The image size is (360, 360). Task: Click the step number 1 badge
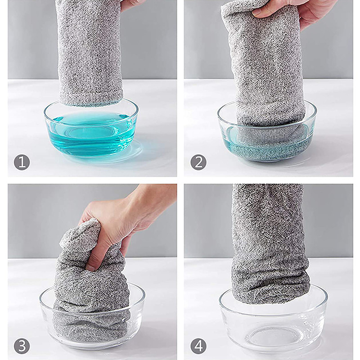click(x=22, y=162)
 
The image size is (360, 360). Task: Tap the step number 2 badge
click(x=198, y=162)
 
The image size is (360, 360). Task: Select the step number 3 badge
click(x=22, y=346)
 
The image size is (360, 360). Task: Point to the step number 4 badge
click(x=198, y=346)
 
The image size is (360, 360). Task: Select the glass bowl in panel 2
click(x=267, y=133)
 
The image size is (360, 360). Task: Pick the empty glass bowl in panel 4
click(x=273, y=321)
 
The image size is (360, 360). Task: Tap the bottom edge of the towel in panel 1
click(x=91, y=104)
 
